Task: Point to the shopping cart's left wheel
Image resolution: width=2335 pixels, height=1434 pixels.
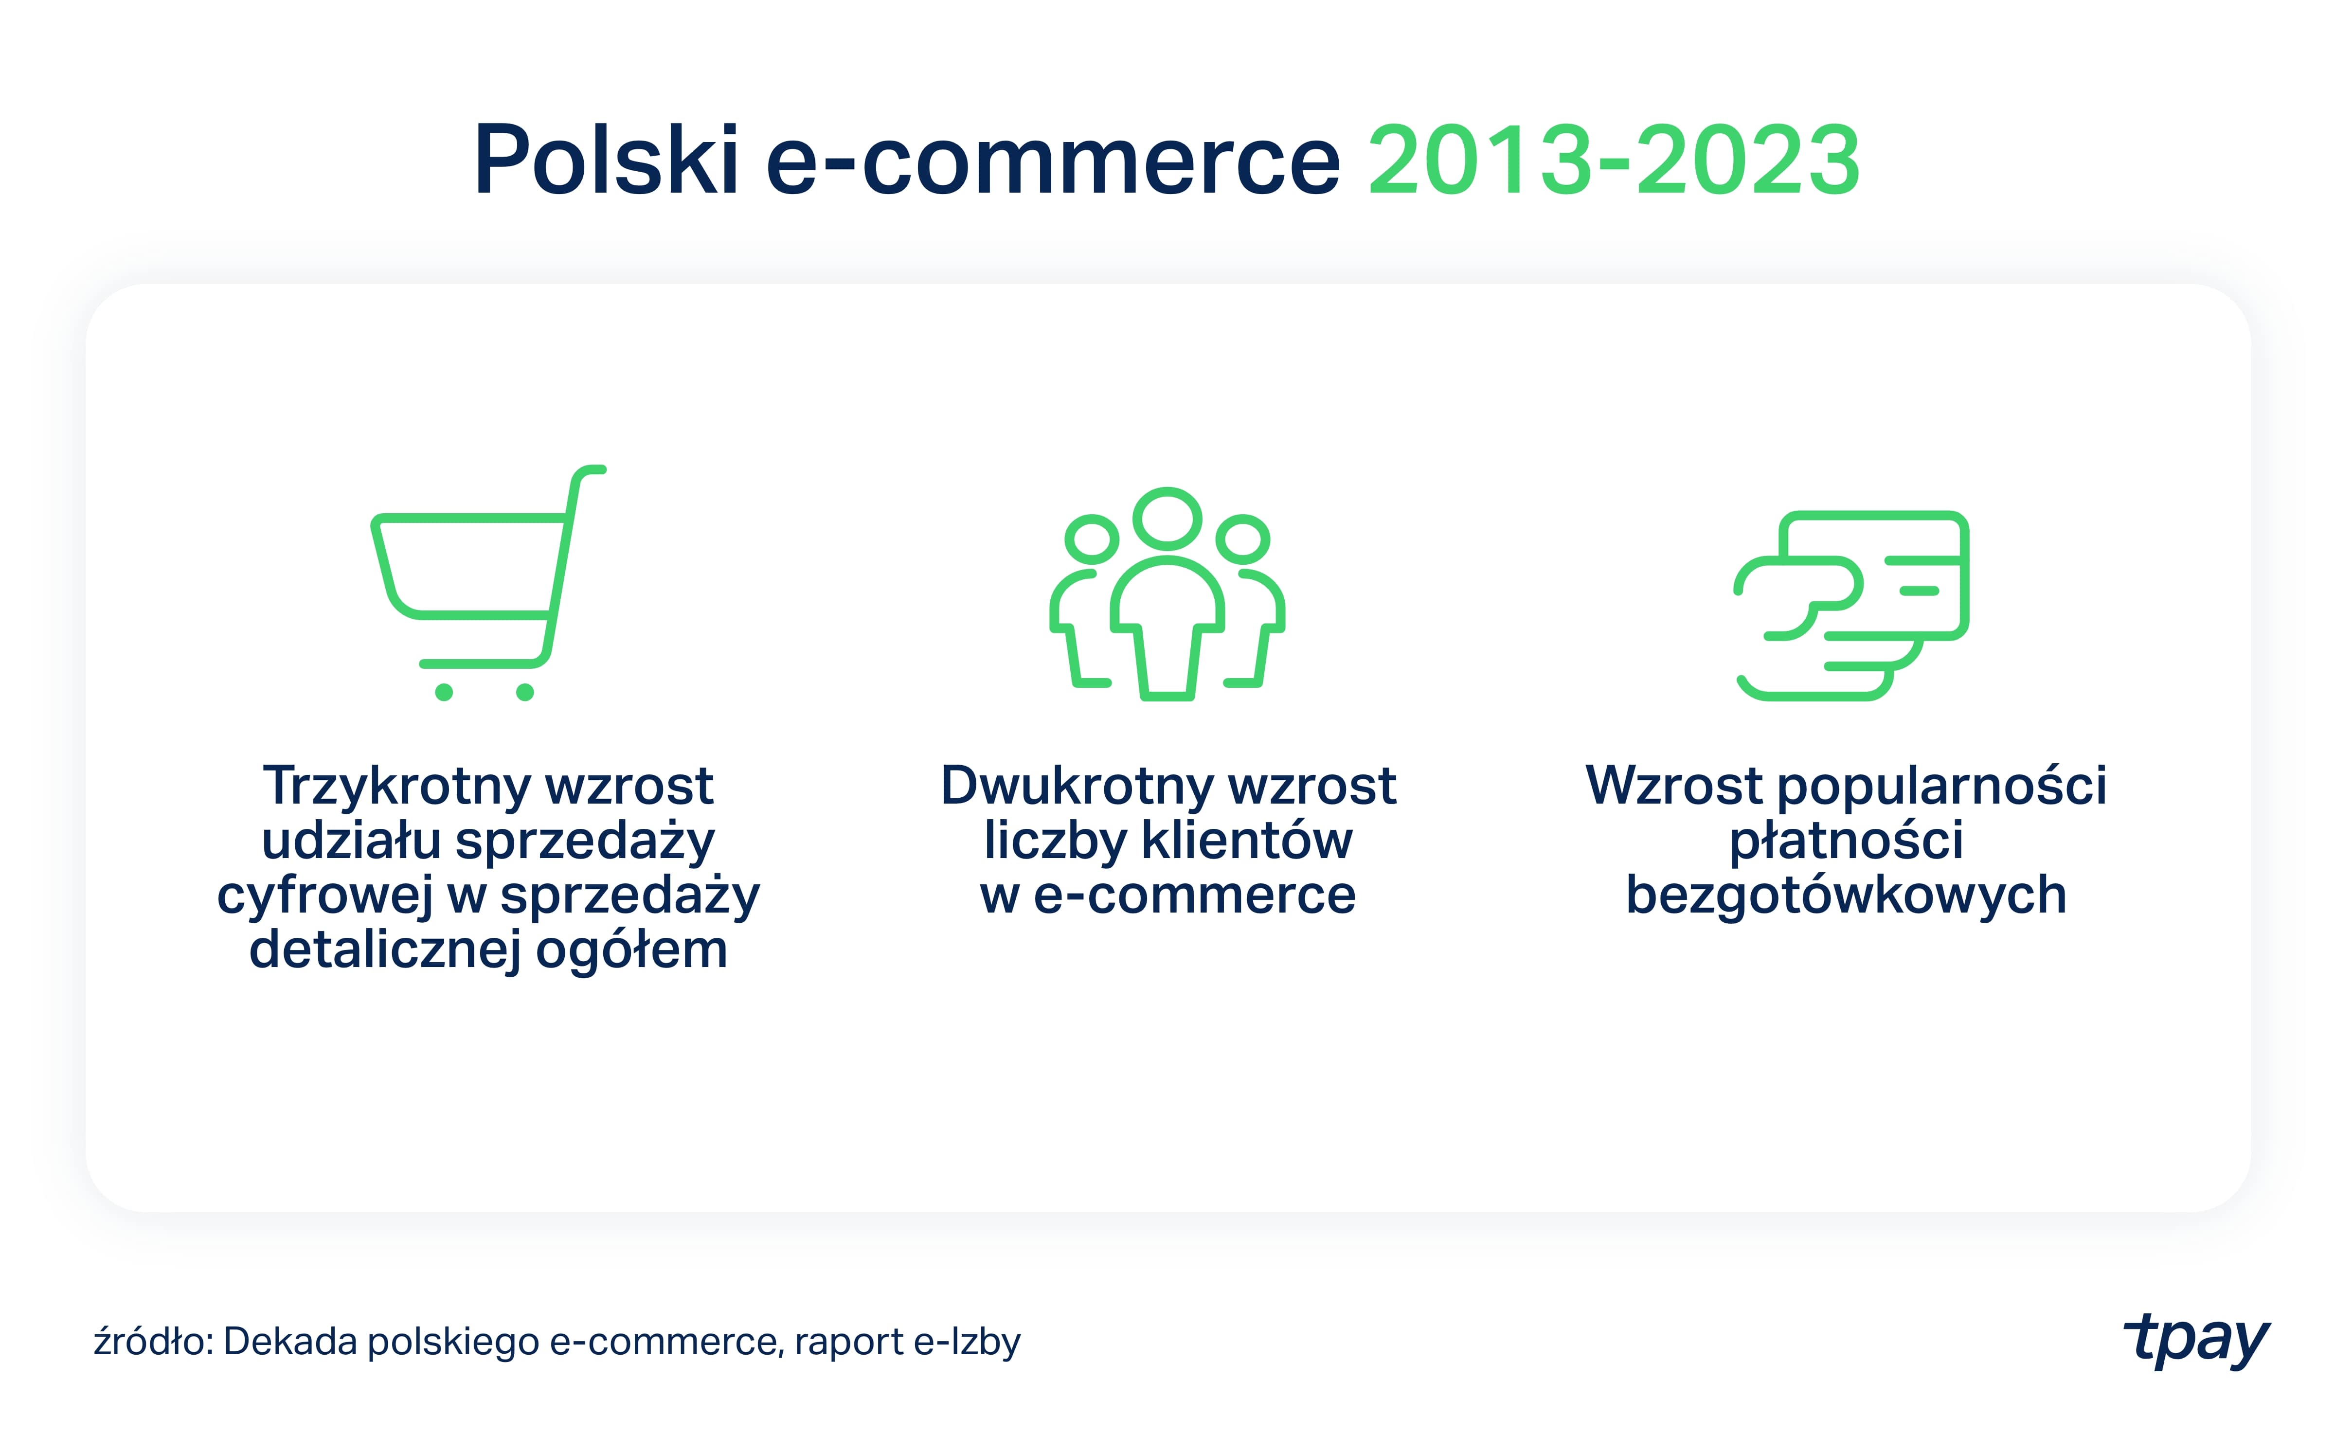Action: pos(444,692)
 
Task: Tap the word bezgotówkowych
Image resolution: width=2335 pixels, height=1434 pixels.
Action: pos(1846,896)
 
